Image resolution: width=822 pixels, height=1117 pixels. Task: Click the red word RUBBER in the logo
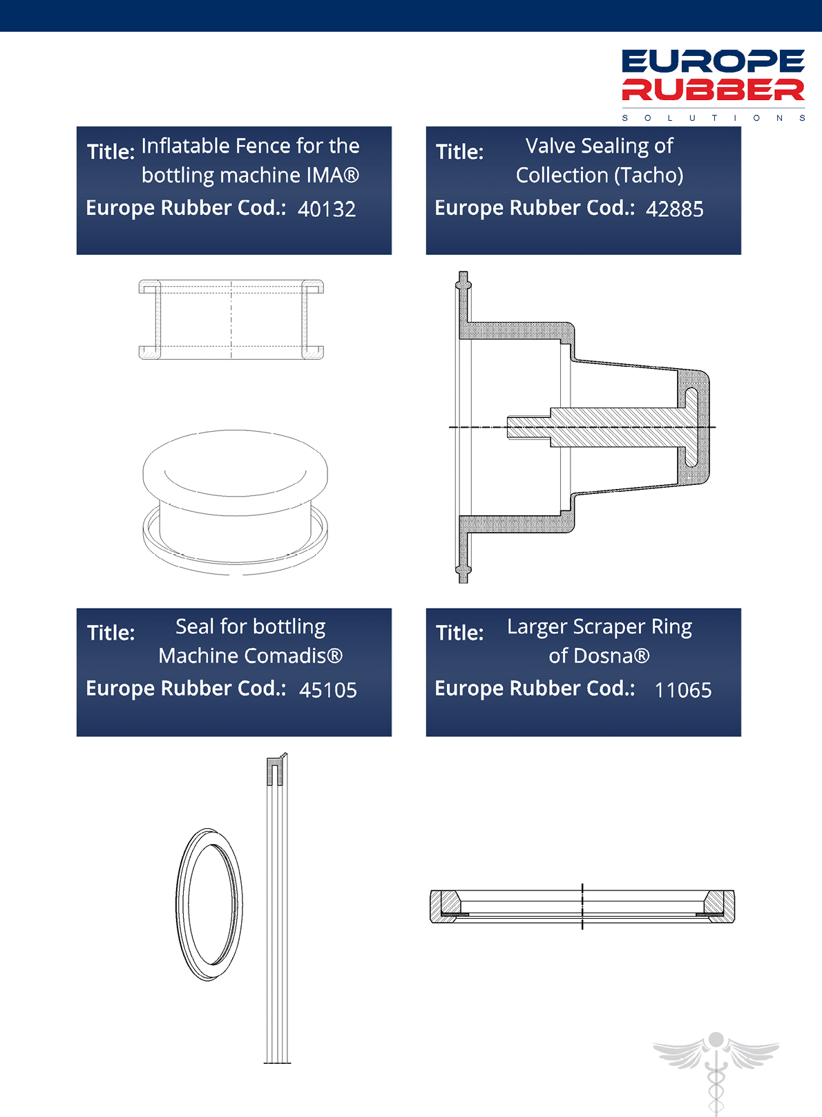click(714, 90)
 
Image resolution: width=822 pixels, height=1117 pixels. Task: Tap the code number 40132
click(327, 209)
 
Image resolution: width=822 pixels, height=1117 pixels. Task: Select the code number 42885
click(674, 209)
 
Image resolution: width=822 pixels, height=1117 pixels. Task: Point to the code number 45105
click(328, 690)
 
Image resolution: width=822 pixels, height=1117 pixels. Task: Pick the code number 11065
click(683, 690)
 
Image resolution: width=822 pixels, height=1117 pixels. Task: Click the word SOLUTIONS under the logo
click(714, 118)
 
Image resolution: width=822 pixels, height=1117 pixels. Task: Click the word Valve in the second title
click(551, 146)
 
